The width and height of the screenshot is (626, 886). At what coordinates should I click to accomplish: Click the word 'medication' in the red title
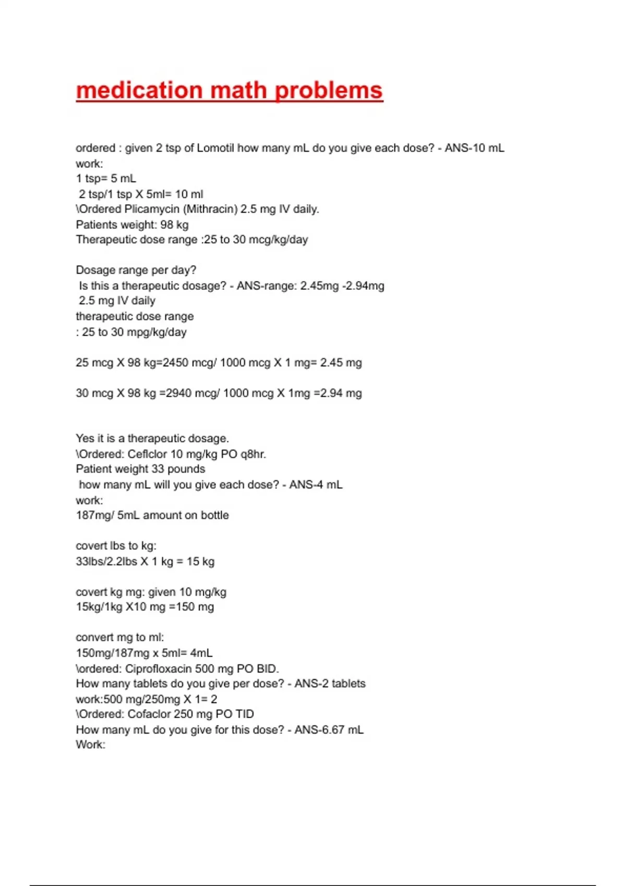pos(139,91)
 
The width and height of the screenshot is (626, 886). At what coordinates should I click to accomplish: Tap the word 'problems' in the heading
pos(329,91)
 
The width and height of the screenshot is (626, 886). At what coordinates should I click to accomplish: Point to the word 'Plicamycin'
pos(152,209)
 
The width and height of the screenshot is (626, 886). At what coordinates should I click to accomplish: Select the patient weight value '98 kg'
pos(174,225)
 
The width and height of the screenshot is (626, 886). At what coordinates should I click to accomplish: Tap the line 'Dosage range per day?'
pos(136,270)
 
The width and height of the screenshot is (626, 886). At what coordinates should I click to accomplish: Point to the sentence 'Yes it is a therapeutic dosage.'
pos(152,438)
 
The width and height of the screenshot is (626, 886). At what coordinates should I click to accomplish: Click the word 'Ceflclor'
pos(148,454)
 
